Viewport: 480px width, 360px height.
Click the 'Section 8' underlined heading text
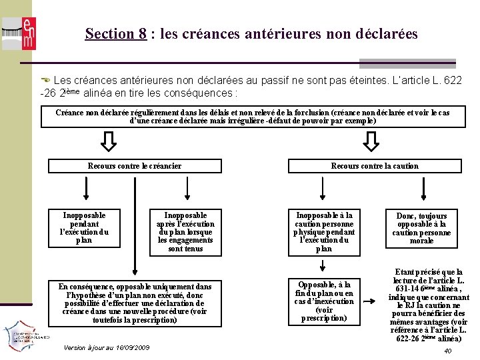coord(115,33)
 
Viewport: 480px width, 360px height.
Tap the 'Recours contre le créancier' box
coord(135,166)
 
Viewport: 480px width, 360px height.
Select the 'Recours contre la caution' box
coord(375,166)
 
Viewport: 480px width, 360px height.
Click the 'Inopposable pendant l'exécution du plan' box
coord(84,227)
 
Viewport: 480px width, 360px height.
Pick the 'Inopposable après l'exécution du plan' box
coord(185,231)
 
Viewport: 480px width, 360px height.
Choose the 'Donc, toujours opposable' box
coord(421,228)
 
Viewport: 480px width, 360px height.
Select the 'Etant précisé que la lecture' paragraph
coord(428,305)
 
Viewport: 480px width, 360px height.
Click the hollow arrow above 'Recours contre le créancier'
coord(109,141)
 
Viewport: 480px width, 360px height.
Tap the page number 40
coord(448,351)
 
